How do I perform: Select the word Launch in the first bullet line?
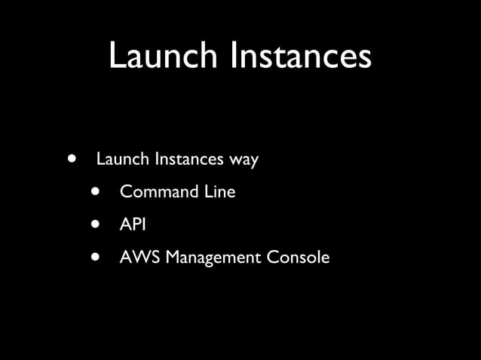(x=123, y=160)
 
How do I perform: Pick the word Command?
(x=158, y=192)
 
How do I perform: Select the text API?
(x=133, y=224)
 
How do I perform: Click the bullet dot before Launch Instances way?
(x=72, y=159)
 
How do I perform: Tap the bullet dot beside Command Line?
(x=96, y=191)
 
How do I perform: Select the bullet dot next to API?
(x=96, y=224)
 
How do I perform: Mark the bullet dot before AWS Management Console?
(x=96, y=256)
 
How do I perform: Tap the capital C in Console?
(x=272, y=257)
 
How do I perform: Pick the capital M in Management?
(x=173, y=257)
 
